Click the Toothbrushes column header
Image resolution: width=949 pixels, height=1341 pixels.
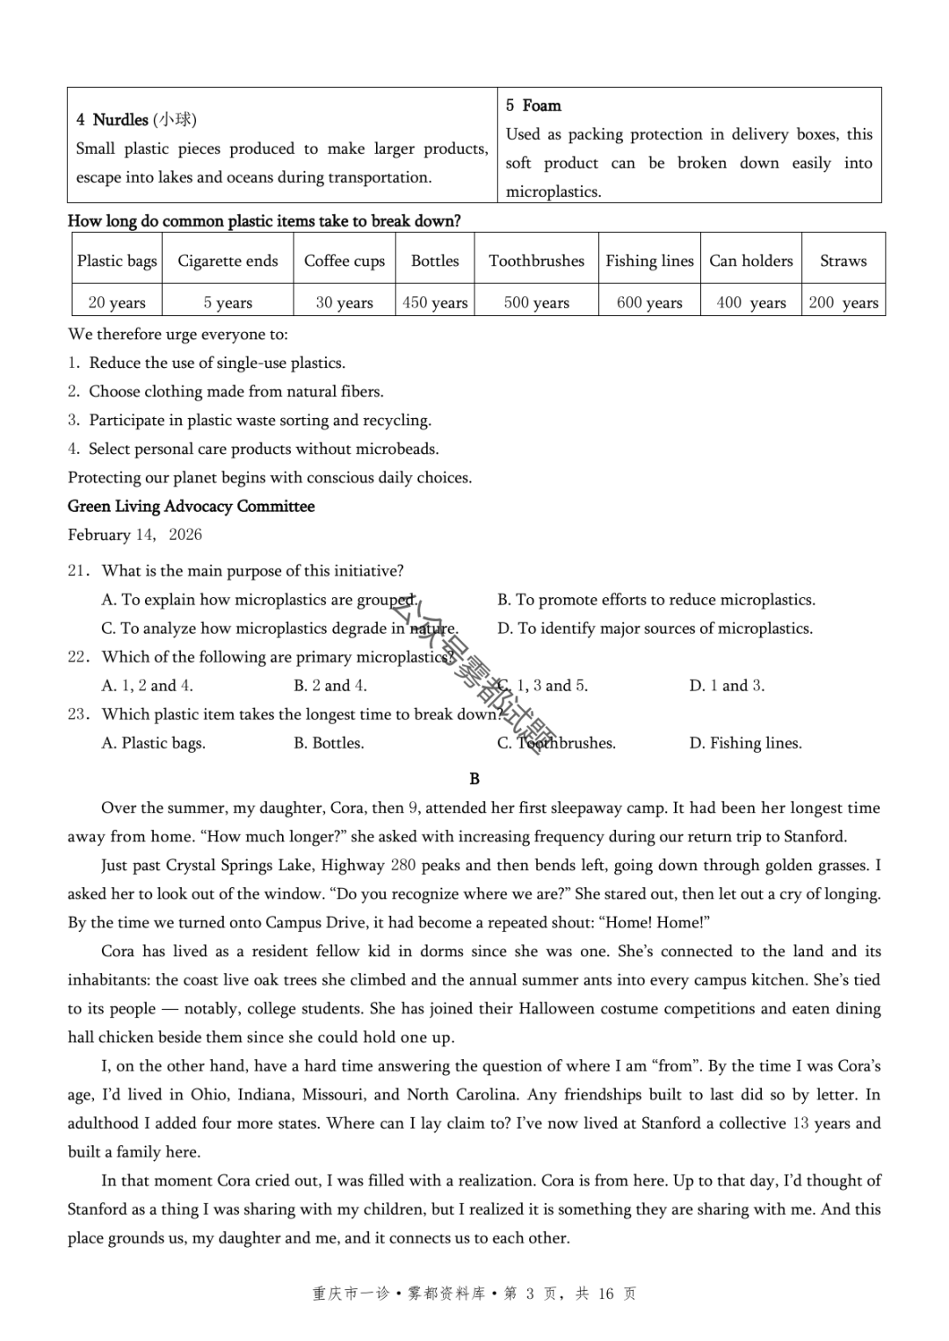(x=536, y=261)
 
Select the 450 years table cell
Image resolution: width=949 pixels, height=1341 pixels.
(x=435, y=303)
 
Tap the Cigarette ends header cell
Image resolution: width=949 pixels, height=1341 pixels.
(x=228, y=261)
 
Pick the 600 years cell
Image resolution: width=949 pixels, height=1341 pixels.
(x=649, y=303)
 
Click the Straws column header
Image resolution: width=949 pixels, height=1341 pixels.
(x=843, y=261)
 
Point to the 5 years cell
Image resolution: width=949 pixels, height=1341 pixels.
(x=228, y=303)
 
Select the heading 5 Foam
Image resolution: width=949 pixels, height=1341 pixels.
(x=533, y=105)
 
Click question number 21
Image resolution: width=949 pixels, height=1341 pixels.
(x=78, y=571)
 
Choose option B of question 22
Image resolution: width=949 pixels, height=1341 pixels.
(x=330, y=686)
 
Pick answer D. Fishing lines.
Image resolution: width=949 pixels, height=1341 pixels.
(x=745, y=743)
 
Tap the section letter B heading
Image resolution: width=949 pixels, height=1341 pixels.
(x=474, y=778)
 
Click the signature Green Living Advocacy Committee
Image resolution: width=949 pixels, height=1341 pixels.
(x=191, y=506)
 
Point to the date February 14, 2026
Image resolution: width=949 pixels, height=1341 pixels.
(x=134, y=535)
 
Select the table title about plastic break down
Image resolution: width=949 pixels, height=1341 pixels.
(x=264, y=220)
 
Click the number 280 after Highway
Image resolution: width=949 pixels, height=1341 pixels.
(x=402, y=865)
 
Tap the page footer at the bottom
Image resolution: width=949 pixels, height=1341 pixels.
(x=474, y=1294)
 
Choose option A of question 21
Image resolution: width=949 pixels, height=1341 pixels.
(x=259, y=600)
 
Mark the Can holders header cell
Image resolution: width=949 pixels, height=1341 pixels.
(x=751, y=261)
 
